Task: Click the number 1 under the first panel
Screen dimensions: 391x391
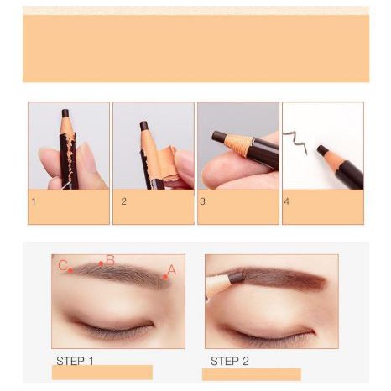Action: (34, 201)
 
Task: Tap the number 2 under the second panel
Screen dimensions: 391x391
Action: (123, 201)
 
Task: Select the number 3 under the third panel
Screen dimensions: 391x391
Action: (202, 201)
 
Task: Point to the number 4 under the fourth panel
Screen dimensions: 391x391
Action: (286, 201)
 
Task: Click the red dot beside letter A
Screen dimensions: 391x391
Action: (165, 277)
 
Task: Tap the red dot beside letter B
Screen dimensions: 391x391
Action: (101, 263)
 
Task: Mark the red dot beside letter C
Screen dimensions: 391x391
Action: (70, 270)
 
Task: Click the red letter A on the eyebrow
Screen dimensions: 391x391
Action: (171, 270)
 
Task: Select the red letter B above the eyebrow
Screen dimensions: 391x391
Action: (111, 260)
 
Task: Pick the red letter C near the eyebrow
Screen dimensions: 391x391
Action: (63, 265)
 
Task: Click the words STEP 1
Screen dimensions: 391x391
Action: (75, 361)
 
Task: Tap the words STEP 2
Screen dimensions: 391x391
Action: (230, 361)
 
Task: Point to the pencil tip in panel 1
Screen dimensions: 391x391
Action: (65, 113)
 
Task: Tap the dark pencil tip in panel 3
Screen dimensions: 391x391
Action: (219, 137)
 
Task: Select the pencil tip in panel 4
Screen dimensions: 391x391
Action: (321, 150)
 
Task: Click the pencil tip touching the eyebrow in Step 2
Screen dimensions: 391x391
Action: (237, 278)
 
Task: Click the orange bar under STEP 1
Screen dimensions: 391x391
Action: (102, 373)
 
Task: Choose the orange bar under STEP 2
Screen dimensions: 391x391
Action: (252, 374)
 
